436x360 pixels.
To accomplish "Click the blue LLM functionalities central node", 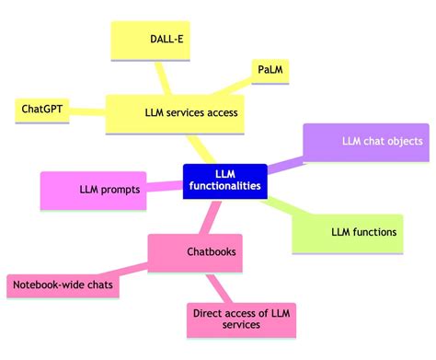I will pos(224,180).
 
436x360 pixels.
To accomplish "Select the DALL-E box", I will pos(167,41).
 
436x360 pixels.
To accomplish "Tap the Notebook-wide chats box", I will pos(63,285).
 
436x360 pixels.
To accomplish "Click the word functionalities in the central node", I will pos(225,187).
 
